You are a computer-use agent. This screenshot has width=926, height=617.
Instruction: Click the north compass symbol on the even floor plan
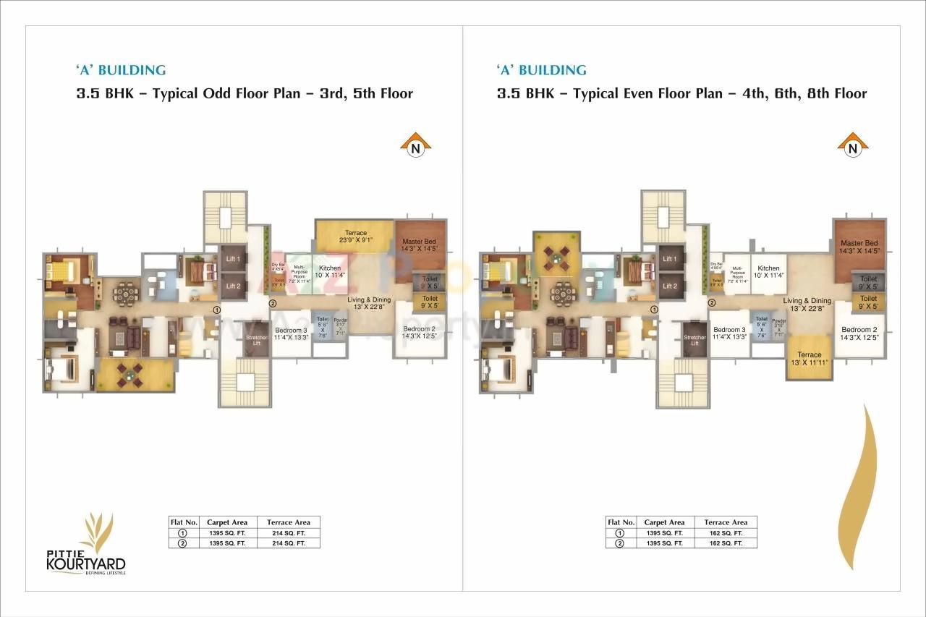coord(853,145)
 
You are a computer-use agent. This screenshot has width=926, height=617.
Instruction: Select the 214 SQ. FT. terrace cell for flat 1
coord(289,533)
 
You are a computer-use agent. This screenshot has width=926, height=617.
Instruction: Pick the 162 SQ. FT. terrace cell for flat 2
coord(726,542)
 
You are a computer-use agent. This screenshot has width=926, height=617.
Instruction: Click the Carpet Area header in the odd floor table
coord(227,522)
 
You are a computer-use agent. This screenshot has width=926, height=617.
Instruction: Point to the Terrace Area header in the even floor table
coord(726,522)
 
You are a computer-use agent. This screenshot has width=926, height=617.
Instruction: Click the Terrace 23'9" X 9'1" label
coord(356,237)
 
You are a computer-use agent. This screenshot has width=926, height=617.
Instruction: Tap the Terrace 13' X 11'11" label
coord(809,359)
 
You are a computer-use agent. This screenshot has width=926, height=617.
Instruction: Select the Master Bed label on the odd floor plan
coord(420,244)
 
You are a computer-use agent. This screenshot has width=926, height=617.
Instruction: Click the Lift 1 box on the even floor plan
coord(670,259)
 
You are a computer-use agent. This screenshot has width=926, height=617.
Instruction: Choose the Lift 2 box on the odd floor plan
coord(233,286)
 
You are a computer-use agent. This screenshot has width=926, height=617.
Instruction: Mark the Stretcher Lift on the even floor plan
coord(694,340)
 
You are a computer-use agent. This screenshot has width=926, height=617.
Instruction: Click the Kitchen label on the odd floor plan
coord(330,271)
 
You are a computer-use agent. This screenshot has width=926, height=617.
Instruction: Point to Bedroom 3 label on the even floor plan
coord(729,333)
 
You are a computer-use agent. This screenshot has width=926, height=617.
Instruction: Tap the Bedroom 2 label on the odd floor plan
coord(420,333)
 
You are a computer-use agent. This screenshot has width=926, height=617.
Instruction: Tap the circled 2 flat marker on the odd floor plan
coord(273,303)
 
